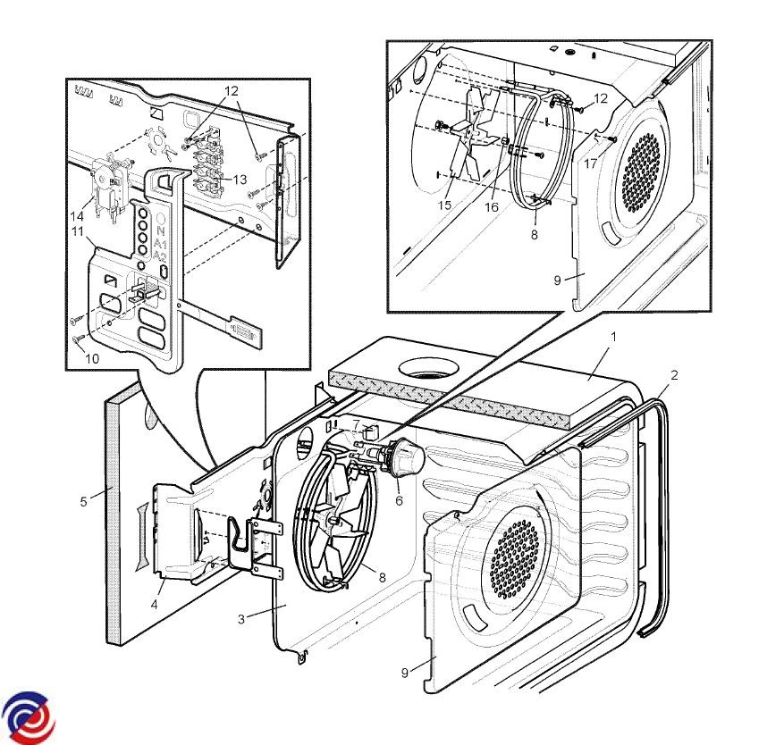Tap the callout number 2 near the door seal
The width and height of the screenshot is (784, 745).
[674, 376]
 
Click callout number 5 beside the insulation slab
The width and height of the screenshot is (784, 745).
[83, 501]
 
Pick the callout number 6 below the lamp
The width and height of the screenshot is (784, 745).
[399, 500]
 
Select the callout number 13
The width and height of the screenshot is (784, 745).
[240, 180]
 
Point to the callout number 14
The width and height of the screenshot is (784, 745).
[79, 215]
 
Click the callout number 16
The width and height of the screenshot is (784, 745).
[492, 207]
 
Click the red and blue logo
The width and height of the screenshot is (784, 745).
[28, 716]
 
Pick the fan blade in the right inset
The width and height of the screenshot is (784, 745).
[475, 134]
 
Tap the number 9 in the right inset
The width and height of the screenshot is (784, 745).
[557, 280]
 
